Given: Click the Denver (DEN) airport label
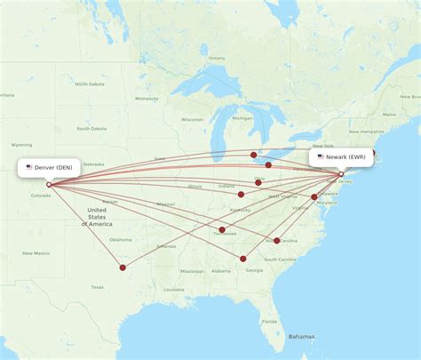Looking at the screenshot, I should (54, 166).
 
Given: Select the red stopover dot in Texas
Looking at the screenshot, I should (123, 267).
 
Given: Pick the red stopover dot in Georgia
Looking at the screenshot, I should (243, 259).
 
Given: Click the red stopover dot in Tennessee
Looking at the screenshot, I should (222, 229).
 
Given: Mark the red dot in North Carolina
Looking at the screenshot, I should (278, 240).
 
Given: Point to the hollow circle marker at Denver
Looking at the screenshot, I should (49, 185).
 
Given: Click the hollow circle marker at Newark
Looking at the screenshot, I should (341, 175).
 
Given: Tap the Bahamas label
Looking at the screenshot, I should (301, 337).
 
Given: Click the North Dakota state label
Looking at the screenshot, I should (90, 84).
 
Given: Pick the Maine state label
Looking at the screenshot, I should (388, 115).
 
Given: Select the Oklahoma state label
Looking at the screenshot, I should (120, 239).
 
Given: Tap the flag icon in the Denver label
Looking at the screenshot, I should (29, 166).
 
